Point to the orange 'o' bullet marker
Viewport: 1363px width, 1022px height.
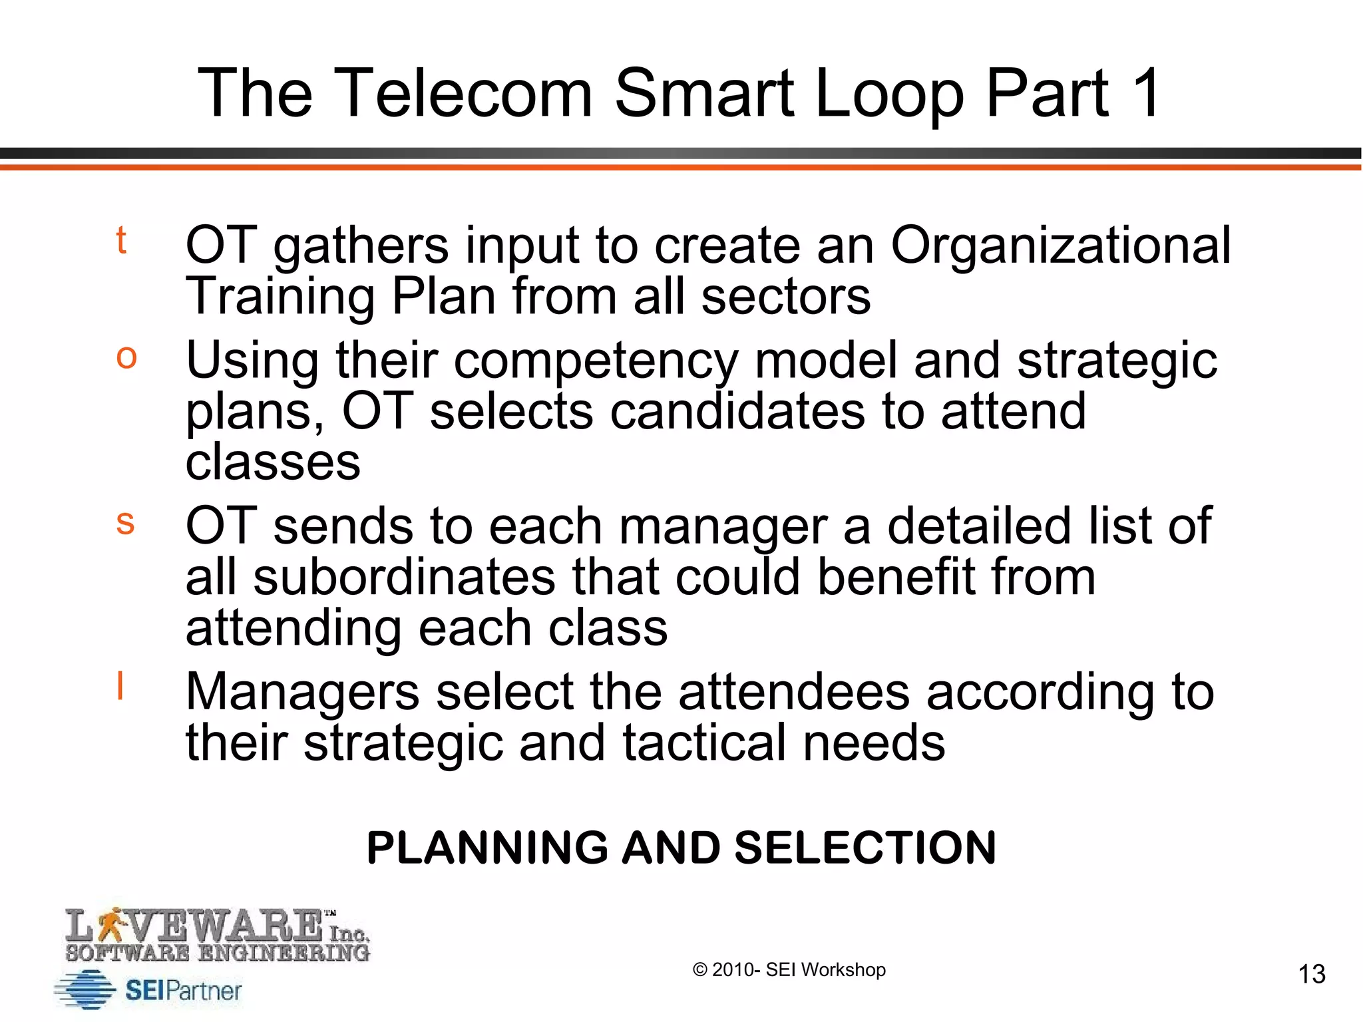tap(126, 357)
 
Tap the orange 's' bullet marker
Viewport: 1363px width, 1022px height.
tap(125, 522)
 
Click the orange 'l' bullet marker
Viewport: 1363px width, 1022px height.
tap(120, 685)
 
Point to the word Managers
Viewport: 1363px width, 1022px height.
tap(303, 692)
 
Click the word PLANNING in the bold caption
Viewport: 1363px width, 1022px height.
tap(487, 848)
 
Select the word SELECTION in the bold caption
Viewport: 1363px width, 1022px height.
tap(865, 848)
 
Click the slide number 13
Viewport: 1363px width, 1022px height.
tap(1312, 974)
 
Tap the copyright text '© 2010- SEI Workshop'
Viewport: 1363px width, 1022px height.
tap(789, 970)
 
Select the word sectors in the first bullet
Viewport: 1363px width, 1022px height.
tap(785, 297)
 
